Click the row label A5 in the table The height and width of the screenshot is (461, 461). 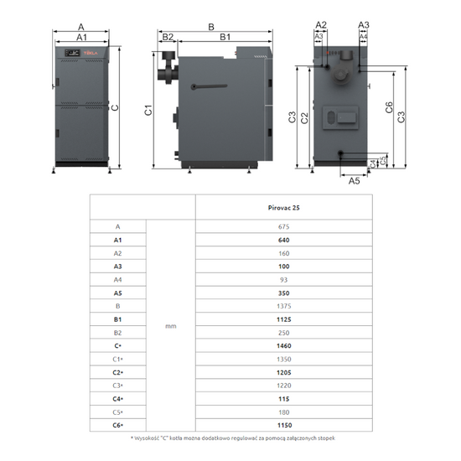[117, 293]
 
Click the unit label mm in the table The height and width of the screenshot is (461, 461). [172, 326]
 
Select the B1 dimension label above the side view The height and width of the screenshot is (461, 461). [225, 38]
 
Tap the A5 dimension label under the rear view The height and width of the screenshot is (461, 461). [354, 179]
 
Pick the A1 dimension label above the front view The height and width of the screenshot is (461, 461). [81, 38]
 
